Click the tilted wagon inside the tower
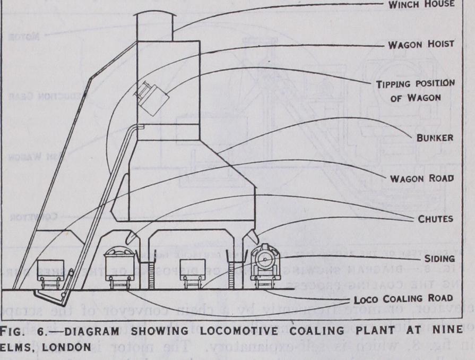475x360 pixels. pyautogui.click(x=151, y=98)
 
